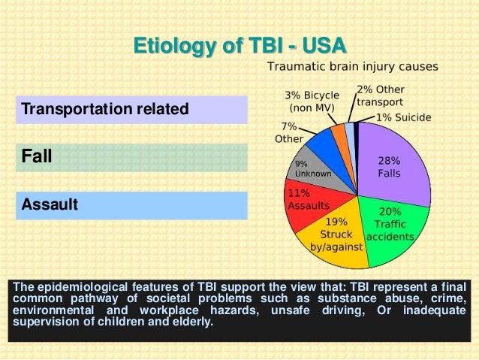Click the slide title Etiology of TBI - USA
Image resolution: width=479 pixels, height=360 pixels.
239,46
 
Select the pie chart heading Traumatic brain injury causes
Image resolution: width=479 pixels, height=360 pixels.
353,66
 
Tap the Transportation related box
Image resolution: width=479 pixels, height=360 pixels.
131,110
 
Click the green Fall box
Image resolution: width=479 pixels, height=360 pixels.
131,158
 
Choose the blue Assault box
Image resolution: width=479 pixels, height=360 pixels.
131,205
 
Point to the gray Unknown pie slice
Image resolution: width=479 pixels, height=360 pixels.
318,171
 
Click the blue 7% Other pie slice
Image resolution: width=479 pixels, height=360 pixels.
330,150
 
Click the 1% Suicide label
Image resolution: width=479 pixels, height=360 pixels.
403,117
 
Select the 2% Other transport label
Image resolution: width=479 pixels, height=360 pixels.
381,95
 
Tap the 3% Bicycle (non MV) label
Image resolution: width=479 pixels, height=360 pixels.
312,101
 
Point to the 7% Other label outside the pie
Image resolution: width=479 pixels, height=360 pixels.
289,132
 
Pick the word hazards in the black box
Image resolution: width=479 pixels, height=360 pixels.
235,310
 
